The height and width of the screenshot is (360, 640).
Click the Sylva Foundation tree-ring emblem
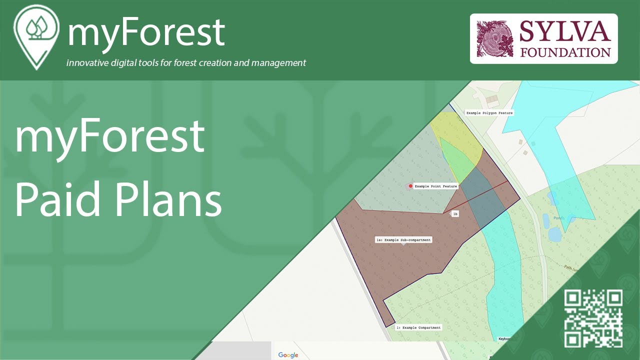495,38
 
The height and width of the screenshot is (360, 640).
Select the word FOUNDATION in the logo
565,52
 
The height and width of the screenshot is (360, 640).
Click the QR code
593,318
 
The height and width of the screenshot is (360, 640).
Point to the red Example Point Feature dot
410,186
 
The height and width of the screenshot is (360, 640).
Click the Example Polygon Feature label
489,113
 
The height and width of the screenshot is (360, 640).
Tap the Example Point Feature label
436,186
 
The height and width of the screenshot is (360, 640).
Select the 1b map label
455,213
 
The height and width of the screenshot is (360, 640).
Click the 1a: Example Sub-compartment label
403,240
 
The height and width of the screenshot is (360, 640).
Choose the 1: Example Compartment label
418,327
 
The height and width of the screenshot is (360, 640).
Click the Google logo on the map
288,355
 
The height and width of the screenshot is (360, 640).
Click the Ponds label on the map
559,218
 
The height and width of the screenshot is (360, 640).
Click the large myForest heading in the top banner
146,32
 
